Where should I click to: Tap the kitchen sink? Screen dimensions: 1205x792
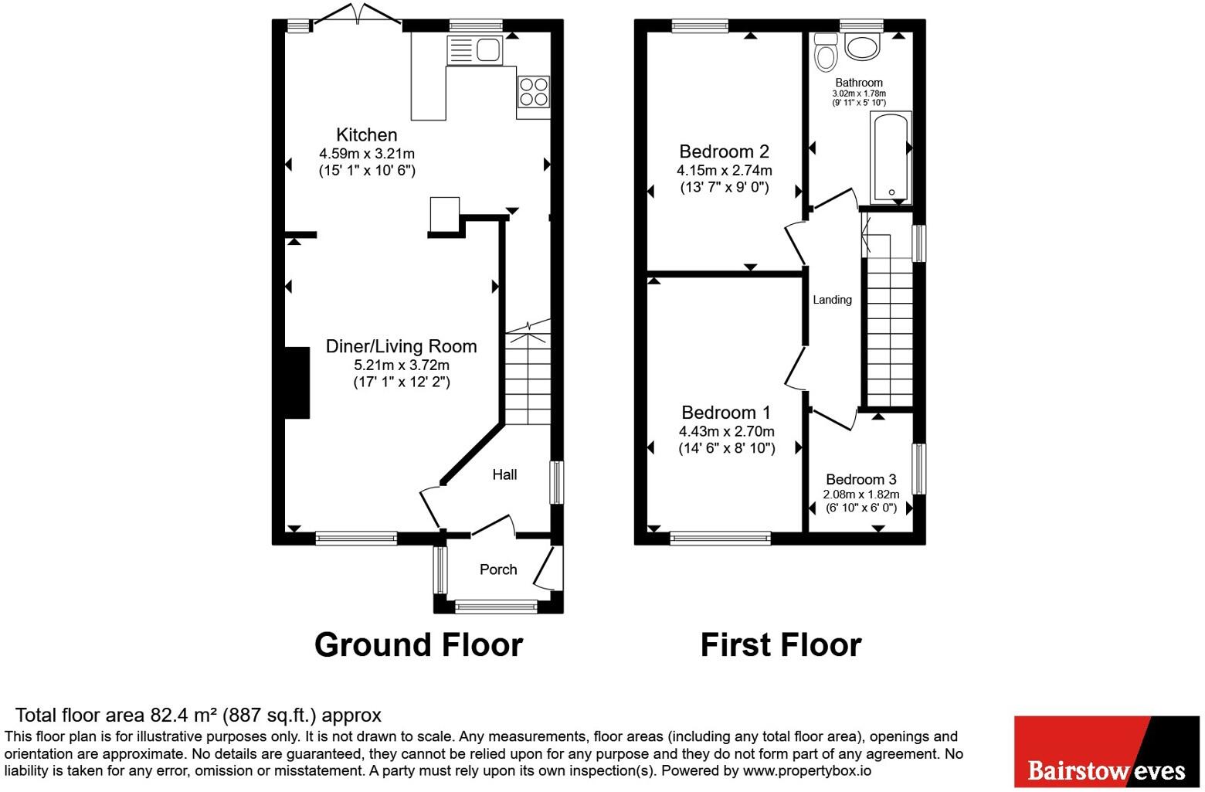(x=474, y=50)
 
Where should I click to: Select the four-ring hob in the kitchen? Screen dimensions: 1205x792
(x=533, y=92)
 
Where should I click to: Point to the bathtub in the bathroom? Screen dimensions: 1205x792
(x=891, y=157)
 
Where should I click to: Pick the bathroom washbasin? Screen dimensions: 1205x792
(x=862, y=46)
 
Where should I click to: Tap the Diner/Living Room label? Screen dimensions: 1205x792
(x=402, y=346)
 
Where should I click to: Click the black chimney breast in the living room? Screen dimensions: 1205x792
(x=297, y=382)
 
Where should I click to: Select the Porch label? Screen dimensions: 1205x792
(x=498, y=569)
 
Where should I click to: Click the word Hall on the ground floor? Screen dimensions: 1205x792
(x=504, y=474)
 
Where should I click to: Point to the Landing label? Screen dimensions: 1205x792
(x=832, y=300)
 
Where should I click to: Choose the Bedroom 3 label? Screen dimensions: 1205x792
(x=861, y=479)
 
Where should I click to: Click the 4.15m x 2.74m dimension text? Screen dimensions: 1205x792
(x=724, y=171)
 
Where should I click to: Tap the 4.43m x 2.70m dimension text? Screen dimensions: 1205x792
(x=726, y=431)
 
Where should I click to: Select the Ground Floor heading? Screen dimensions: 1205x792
(x=419, y=644)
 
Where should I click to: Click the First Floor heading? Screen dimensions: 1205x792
(x=781, y=644)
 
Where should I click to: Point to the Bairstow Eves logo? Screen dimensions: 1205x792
(x=1107, y=751)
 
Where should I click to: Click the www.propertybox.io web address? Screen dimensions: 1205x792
(x=807, y=770)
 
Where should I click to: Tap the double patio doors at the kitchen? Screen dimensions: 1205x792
(x=357, y=14)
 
